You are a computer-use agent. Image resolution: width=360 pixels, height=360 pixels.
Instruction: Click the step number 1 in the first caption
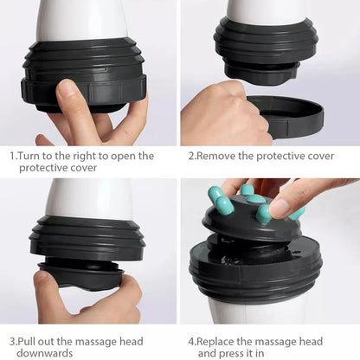pos(12,157)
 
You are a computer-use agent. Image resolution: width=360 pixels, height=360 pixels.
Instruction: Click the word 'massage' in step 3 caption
pos(120,341)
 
